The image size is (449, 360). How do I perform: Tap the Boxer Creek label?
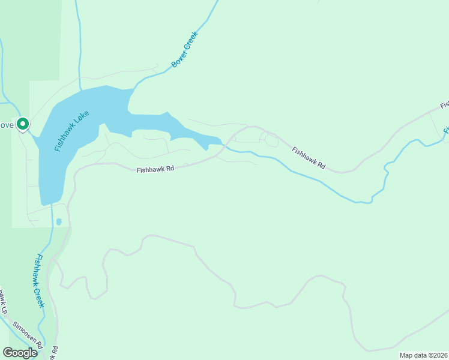click(184, 49)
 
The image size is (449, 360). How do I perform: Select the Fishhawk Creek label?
click(40, 280)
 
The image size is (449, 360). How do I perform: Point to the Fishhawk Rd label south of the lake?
click(155, 170)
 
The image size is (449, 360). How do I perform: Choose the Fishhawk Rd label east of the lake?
click(309, 157)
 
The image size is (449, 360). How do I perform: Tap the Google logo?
click(20, 352)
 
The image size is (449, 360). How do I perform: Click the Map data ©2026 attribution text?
click(423, 355)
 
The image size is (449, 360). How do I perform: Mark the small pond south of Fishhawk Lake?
click(59, 222)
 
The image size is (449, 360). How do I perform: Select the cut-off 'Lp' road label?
click(3, 301)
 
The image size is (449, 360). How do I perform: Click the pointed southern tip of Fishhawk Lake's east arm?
click(206, 148)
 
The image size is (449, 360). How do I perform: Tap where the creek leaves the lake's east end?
click(224, 145)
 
